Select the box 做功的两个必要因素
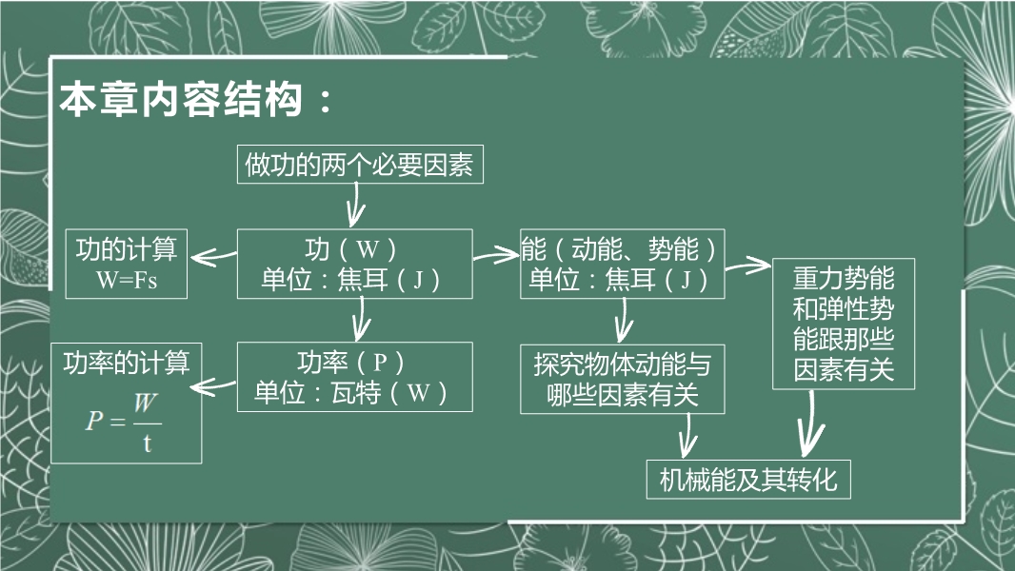tap(358, 165)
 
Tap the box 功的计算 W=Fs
tap(126, 264)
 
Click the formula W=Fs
tap(126, 281)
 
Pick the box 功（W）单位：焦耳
tap(354, 264)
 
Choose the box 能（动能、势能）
tap(622, 264)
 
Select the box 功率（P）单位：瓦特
tap(354, 377)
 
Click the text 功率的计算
tap(126, 363)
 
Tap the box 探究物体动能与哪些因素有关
tap(622, 380)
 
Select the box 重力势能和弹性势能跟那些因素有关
tap(843, 324)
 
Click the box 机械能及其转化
tap(747, 480)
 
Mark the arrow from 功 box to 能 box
tap(495, 256)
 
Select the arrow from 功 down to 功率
tap(360, 320)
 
